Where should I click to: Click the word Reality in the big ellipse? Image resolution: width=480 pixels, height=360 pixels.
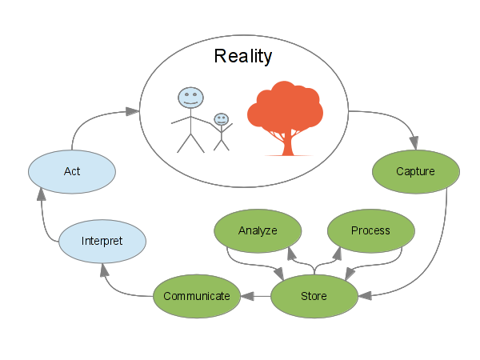(243, 57)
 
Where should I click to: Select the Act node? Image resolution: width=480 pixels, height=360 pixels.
(71, 172)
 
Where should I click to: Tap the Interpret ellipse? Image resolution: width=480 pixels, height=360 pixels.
(102, 240)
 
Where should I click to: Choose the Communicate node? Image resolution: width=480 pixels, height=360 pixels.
(196, 296)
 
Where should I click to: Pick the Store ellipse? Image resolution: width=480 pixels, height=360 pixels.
(314, 296)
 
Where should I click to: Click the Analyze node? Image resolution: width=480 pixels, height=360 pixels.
(257, 230)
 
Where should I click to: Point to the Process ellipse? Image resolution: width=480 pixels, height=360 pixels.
(370, 230)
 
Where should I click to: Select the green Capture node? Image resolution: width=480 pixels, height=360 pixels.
(415, 171)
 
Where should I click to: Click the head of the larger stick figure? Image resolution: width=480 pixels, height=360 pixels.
(190, 98)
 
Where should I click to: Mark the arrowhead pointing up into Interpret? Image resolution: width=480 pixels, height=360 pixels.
(102, 269)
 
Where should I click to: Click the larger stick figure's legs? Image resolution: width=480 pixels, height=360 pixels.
(190, 142)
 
